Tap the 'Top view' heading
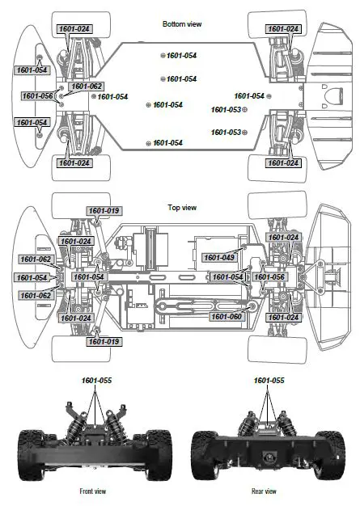pos(182,208)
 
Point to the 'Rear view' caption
pos(263,491)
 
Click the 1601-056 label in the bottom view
pos(38,96)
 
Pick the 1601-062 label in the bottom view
pos(87,86)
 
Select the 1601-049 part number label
pos(218,257)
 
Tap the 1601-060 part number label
pos(227,316)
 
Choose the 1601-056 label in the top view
pos(269,277)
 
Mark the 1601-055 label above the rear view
pos(269,380)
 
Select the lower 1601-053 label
pos(226,132)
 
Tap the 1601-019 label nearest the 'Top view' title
pos(104,211)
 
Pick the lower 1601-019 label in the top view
pos(104,342)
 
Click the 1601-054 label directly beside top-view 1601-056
pos(227,277)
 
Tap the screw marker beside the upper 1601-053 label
pos(245,109)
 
